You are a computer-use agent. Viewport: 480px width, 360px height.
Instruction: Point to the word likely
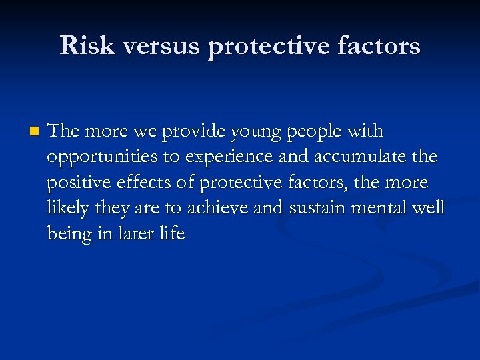[x=67, y=209]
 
